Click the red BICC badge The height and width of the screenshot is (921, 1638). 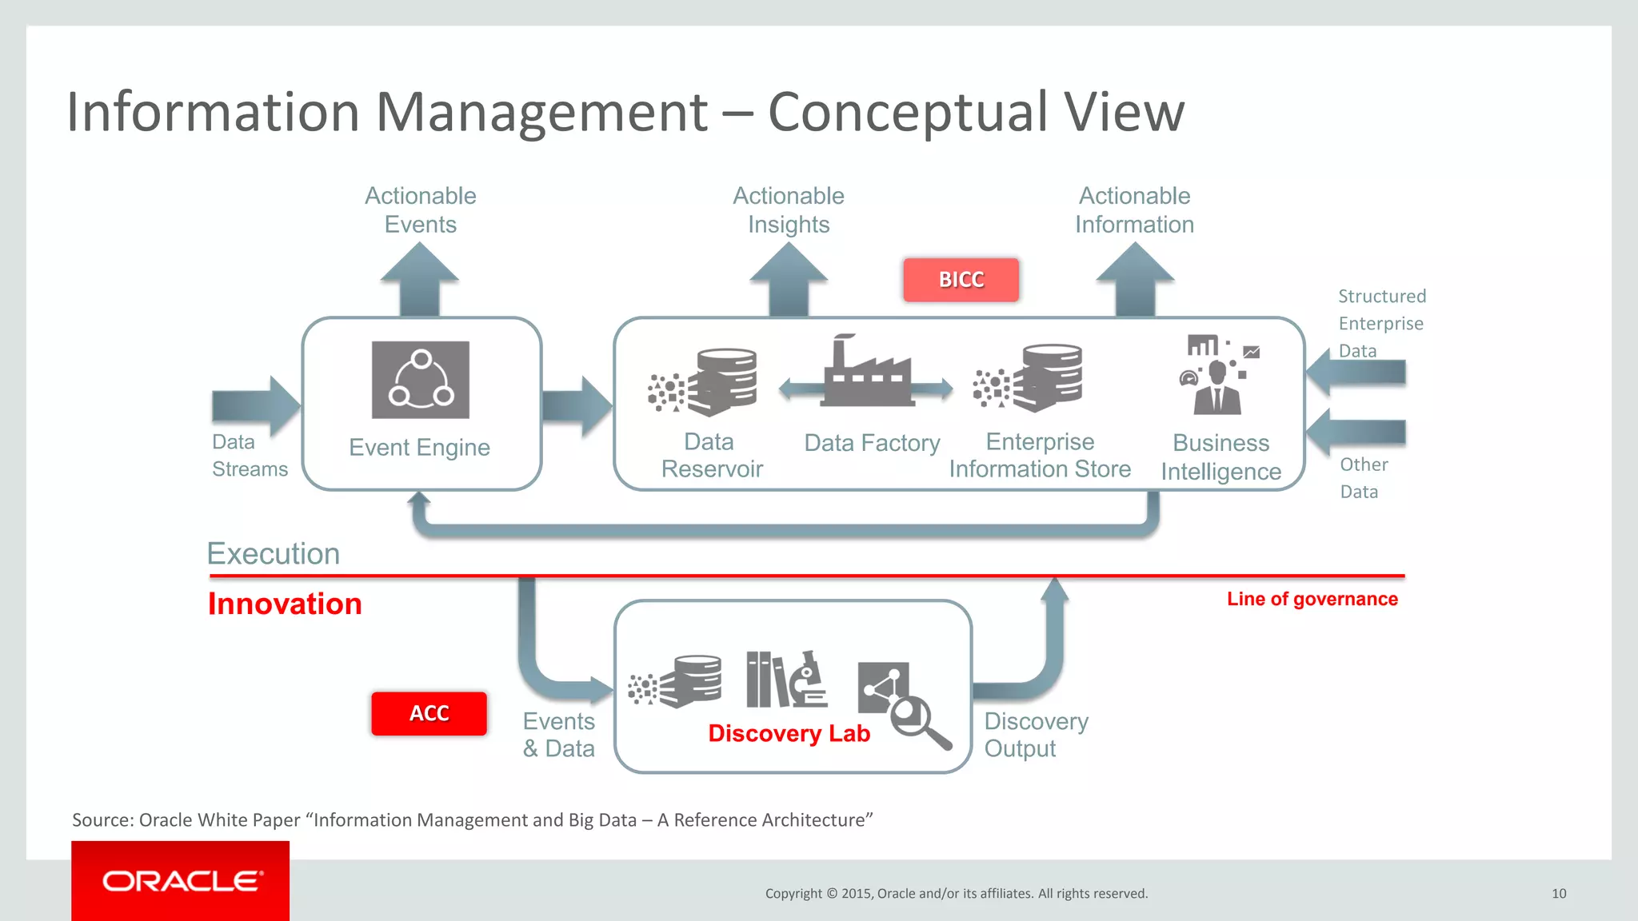click(961, 280)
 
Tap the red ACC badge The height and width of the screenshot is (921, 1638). click(429, 713)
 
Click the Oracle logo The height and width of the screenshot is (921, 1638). click(181, 881)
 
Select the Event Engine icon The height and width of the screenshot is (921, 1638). click(421, 380)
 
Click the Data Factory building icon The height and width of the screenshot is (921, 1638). click(868, 373)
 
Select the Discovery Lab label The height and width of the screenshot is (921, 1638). click(789, 734)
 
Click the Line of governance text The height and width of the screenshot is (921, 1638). click(1312, 599)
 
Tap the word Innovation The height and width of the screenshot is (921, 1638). click(285, 604)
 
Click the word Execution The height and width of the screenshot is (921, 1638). click(274, 554)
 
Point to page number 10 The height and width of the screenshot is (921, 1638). click(1559, 894)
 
